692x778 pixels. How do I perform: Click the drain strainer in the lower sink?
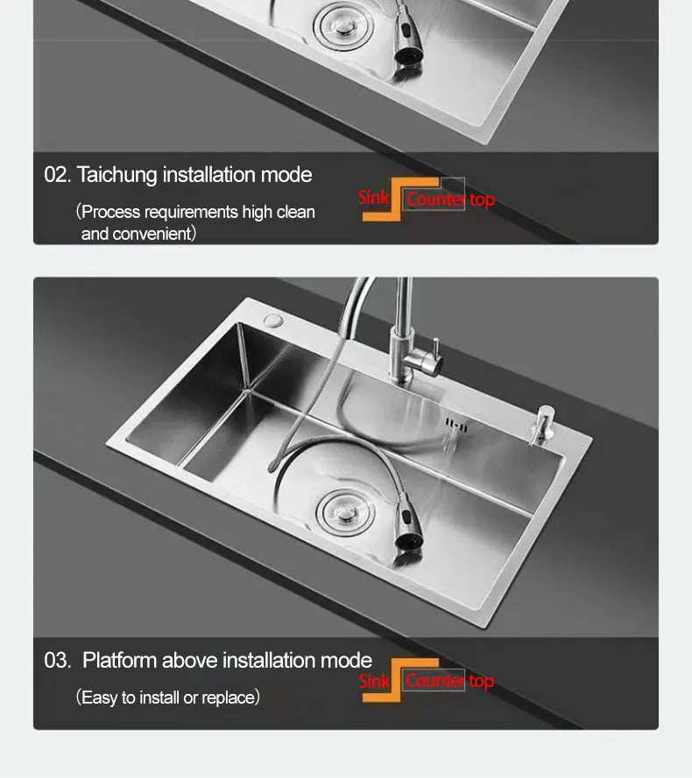[x=339, y=512]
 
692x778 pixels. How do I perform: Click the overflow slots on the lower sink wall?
[x=453, y=424]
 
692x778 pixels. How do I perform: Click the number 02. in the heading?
[x=57, y=175]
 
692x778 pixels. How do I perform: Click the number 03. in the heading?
[x=57, y=661]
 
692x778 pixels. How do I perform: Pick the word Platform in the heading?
[x=120, y=661]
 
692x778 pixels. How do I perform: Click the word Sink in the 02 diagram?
[x=373, y=197]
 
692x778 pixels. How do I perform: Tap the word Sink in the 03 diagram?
[x=374, y=681]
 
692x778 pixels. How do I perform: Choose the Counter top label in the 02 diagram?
[x=450, y=200]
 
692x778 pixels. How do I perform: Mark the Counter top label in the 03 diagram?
[x=449, y=681]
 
